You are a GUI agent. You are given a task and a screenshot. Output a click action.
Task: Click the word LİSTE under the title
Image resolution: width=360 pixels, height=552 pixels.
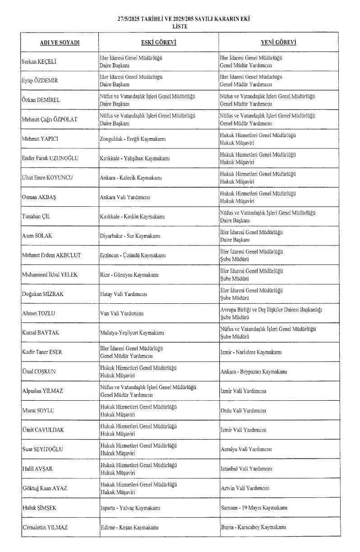(183, 27)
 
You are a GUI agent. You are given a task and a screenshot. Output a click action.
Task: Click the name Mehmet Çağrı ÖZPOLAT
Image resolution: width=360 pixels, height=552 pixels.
(50, 120)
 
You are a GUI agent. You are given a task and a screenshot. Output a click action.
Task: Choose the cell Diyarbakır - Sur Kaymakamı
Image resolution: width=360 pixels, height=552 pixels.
(130, 236)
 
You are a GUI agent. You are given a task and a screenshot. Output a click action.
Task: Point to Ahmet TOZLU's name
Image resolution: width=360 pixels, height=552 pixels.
(38, 313)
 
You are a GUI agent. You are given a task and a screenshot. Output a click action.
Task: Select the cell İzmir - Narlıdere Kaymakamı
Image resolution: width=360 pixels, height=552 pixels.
(251, 352)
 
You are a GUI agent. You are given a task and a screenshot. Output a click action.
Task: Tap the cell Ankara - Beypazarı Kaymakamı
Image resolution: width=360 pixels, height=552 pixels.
(254, 372)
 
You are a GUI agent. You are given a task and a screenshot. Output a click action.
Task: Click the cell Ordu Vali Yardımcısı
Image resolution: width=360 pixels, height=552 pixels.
(243, 411)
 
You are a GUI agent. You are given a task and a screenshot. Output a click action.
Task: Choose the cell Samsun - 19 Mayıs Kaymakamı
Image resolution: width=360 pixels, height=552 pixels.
(254, 508)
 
